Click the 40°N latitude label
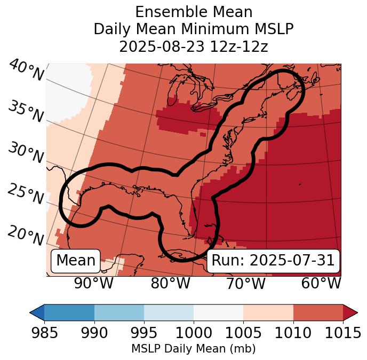26,71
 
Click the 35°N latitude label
26,112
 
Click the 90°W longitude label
94,284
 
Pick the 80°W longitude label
170,284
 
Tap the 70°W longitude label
245,284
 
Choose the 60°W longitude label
321,284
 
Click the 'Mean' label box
76,261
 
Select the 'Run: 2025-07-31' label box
273,261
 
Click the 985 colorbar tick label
44,333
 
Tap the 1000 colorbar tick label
194,333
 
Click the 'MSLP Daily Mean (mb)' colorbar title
193,349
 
